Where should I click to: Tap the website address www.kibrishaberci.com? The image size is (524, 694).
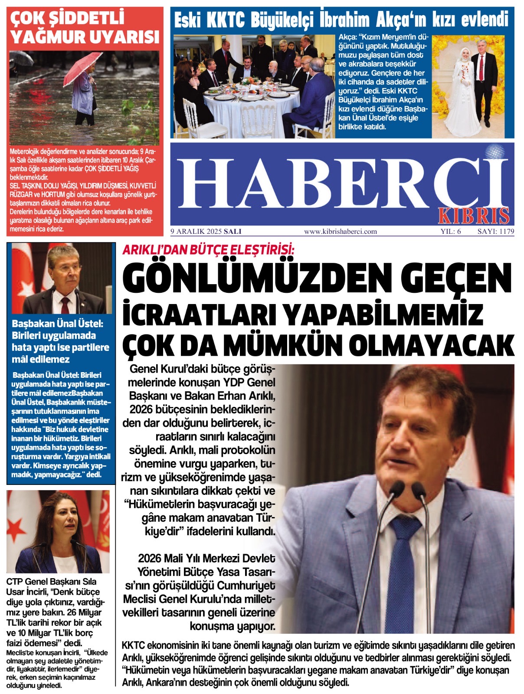click(x=341, y=231)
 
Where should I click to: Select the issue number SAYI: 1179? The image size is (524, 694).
click(x=495, y=231)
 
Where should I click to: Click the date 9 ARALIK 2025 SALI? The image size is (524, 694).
click(x=206, y=231)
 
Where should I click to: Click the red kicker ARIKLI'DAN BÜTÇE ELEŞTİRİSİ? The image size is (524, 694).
click(x=209, y=250)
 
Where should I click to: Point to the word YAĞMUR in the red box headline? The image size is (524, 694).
click(x=46, y=37)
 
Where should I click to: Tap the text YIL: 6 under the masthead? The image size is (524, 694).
click(x=451, y=231)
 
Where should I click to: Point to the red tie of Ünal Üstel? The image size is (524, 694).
click(x=65, y=304)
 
